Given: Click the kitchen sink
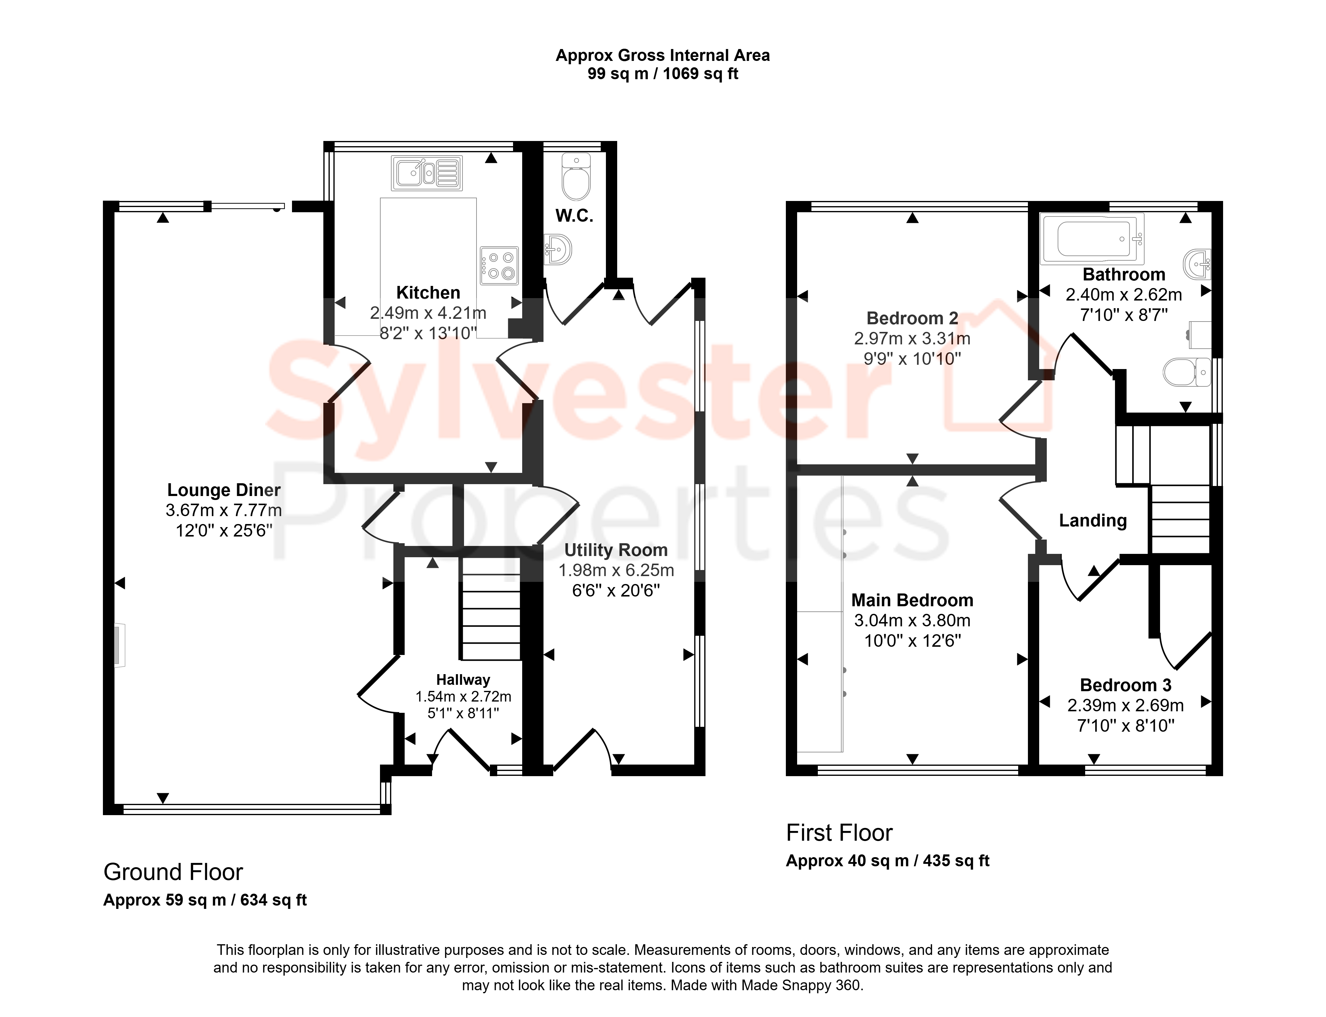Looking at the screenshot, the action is tap(427, 173).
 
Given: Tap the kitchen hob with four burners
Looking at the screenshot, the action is tap(499, 265).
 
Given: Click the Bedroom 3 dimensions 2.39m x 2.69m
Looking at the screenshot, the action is tap(1126, 705).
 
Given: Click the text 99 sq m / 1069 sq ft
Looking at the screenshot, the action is tap(663, 74).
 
